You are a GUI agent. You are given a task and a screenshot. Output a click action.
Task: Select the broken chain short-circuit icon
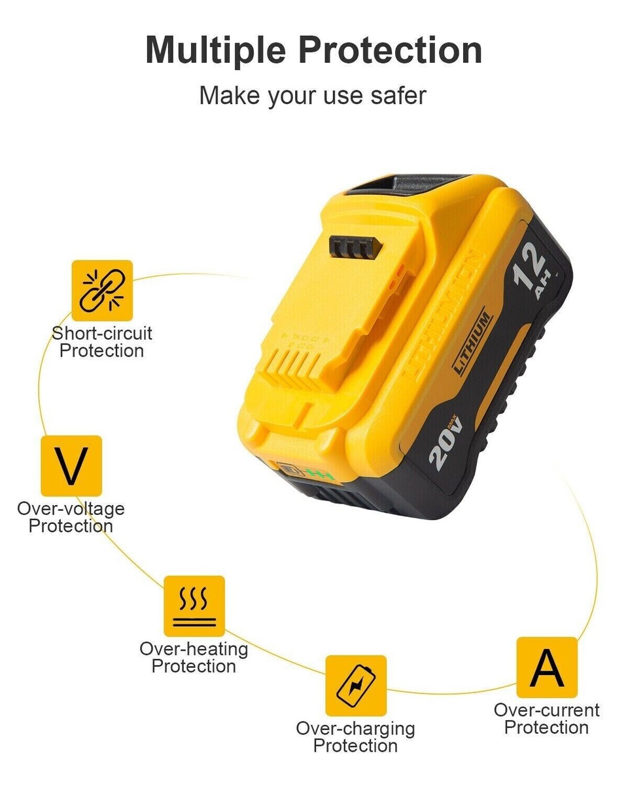102,290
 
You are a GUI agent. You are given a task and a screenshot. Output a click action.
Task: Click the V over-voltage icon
71,465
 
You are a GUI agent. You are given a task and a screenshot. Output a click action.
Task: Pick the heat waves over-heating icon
194,606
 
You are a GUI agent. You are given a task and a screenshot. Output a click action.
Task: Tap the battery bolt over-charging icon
356,686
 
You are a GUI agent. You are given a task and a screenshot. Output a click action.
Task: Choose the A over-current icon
547,667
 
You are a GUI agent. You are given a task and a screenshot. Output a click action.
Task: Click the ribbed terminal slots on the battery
298,370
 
